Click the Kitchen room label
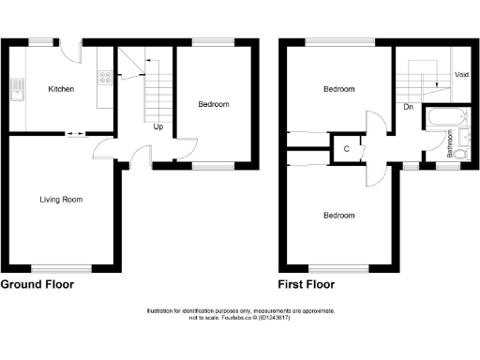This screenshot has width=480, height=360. pyautogui.click(x=61, y=89)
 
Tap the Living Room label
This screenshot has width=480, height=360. pyautogui.click(x=62, y=199)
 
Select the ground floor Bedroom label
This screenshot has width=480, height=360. pyautogui.click(x=213, y=104)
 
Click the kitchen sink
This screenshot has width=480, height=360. pyautogui.click(x=17, y=90)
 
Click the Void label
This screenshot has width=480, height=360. pyautogui.click(x=461, y=74)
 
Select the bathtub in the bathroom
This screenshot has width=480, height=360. pyautogui.click(x=441, y=119)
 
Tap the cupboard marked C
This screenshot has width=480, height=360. pyautogui.click(x=347, y=149)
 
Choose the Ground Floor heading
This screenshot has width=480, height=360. pyautogui.click(x=37, y=283)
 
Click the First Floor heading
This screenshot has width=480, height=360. pyautogui.click(x=310, y=283)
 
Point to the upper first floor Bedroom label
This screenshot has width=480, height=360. pyautogui.click(x=339, y=90)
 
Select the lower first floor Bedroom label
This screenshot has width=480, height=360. pyautogui.click(x=339, y=215)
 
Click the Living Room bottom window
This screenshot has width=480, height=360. pyautogui.click(x=61, y=269)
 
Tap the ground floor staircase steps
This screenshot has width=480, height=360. pyautogui.click(x=156, y=94)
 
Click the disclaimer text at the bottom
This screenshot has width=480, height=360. pyautogui.click(x=240, y=315)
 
